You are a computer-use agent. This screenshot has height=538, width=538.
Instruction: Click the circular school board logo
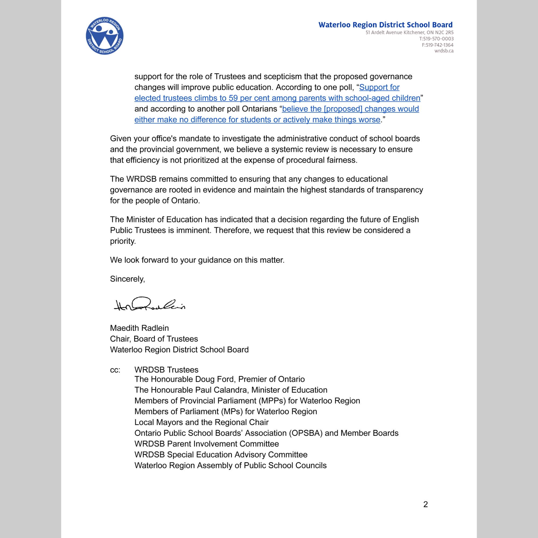pos(104,36)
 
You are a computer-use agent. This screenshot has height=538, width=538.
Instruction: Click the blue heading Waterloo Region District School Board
pos(385,25)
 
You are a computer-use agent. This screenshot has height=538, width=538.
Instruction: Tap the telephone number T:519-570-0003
pos(436,39)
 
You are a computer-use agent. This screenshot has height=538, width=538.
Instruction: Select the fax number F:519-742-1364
pos(437,45)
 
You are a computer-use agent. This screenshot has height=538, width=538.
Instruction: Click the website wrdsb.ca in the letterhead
pos(444,51)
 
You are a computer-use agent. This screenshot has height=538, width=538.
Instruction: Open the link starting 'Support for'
pos(379,87)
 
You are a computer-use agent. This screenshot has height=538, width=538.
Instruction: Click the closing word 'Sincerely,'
pos(127,279)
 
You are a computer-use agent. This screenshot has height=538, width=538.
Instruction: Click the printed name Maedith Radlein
pos(139,328)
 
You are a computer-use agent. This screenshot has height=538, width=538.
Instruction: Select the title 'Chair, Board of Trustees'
pos(154,339)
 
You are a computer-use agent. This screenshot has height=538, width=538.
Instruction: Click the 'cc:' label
pos(115,370)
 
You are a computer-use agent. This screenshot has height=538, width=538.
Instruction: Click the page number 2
pos(426,504)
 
